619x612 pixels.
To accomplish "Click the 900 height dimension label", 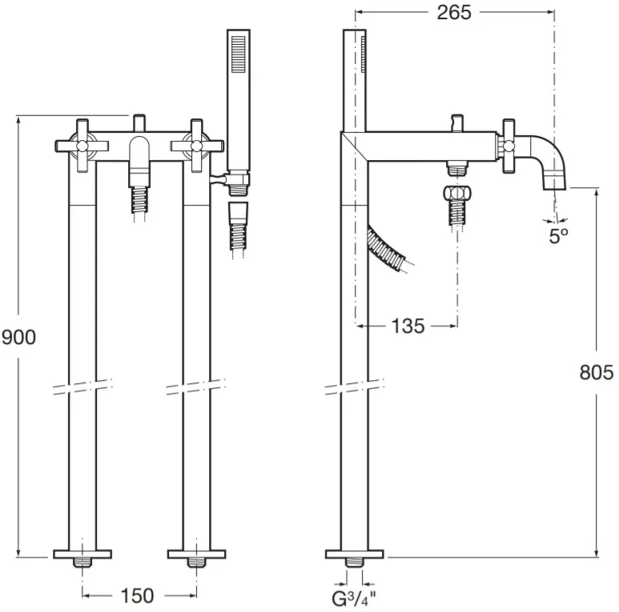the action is click(x=18, y=338).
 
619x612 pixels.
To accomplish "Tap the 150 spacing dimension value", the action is click(x=137, y=595).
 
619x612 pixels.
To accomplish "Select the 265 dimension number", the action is click(x=454, y=13).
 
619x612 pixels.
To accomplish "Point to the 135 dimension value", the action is click(x=408, y=326).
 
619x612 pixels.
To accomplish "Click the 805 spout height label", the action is click(x=597, y=372).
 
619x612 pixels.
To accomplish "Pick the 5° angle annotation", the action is click(x=559, y=236).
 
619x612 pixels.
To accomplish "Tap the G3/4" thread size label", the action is click(x=354, y=599).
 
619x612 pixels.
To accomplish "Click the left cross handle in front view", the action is click(x=82, y=146).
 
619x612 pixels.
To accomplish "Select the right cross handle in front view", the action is click(x=196, y=146).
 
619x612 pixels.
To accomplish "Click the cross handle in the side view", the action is click(x=508, y=146).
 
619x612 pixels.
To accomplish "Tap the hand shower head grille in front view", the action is click(x=239, y=54).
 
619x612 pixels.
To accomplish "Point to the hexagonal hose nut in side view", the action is click(x=457, y=194).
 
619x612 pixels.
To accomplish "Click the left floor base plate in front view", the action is click(x=82, y=554).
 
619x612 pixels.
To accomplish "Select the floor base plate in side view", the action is click(x=354, y=554).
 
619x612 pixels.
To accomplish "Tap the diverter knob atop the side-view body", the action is click(x=457, y=122).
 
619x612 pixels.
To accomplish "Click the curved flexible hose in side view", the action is click(x=388, y=249).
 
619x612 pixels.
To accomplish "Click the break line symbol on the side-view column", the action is click(x=354, y=387).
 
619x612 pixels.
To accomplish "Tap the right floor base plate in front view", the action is click(x=197, y=554).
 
